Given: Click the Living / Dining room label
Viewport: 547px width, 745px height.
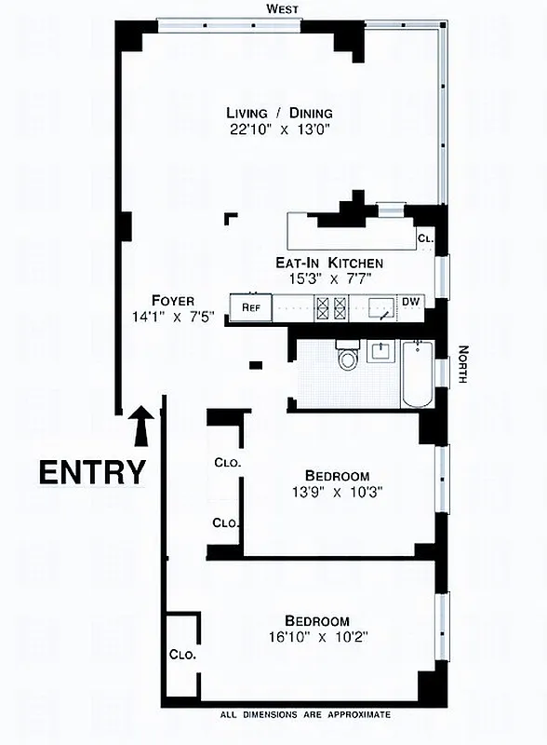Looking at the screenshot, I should (x=278, y=113).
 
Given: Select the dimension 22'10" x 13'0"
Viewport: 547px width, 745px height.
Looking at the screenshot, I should (x=278, y=129).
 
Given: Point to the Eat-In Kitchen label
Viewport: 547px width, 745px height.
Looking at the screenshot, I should (x=329, y=264).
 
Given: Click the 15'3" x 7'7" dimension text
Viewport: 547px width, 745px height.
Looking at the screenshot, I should (x=329, y=278).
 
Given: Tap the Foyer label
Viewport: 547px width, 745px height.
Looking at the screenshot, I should (x=174, y=301).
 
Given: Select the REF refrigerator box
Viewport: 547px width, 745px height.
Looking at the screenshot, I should (x=251, y=306).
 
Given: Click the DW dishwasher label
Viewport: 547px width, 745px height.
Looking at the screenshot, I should (x=410, y=302).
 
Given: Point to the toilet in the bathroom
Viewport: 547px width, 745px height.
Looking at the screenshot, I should (x=348, y=357).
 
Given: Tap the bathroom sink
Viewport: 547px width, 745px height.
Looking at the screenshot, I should (x=380, y=351).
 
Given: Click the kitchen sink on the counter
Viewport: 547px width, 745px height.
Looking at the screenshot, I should (x=380, y=306).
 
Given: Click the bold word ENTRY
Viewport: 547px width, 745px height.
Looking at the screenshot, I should (x=92, y=472).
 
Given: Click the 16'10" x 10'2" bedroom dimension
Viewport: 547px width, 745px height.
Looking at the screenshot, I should (x=317, y=638).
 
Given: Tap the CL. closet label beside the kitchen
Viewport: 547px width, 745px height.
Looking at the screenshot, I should (x=426, y=238).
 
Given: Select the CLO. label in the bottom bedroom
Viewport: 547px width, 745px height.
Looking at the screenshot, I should (x=182, y=654).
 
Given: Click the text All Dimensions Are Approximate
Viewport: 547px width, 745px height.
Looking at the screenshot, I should (x=305, y=715).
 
